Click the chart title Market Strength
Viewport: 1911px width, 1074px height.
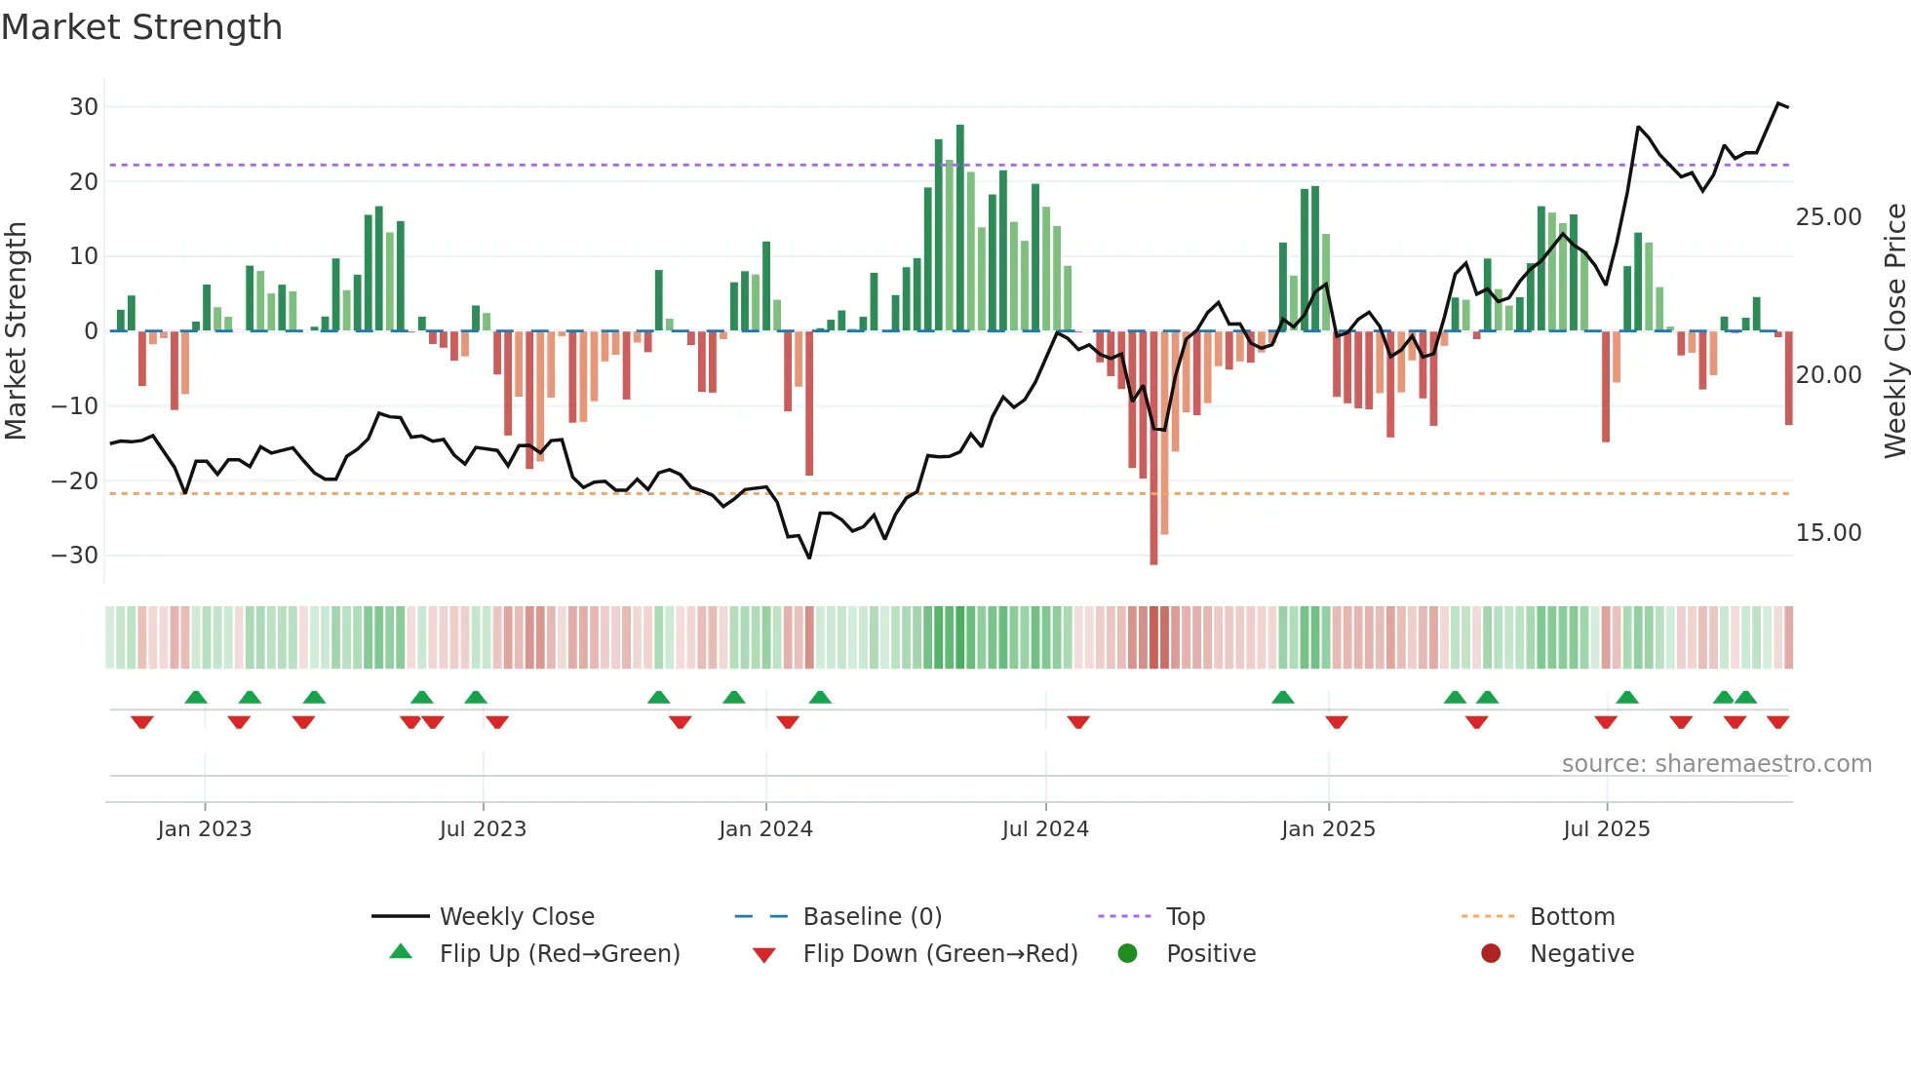[141, 27]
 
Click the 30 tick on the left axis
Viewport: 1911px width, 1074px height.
[84, 107]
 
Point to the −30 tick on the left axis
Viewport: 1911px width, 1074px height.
[75, 556]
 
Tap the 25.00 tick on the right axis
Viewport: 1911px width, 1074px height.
[1828, 217]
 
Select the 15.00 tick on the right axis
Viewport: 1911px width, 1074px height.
[1828, 533]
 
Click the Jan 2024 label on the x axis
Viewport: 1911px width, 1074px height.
[765, 829]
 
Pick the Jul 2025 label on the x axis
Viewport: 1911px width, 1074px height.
[1606, 829]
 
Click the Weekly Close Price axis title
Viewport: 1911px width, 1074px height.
[1894, 330]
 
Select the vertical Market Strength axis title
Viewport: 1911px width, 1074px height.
[17, 330]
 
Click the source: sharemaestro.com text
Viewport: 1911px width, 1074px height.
[1716, 764]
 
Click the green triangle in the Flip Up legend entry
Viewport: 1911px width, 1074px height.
[401, 952]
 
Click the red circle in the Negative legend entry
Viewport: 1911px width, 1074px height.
[1491, 953]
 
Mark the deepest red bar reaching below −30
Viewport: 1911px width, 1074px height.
[1153, 448]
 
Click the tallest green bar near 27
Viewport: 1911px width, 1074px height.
[960, 228]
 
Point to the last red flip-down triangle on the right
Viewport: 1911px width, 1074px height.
[1777, 722]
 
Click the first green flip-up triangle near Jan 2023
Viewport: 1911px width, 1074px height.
[196, 697]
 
